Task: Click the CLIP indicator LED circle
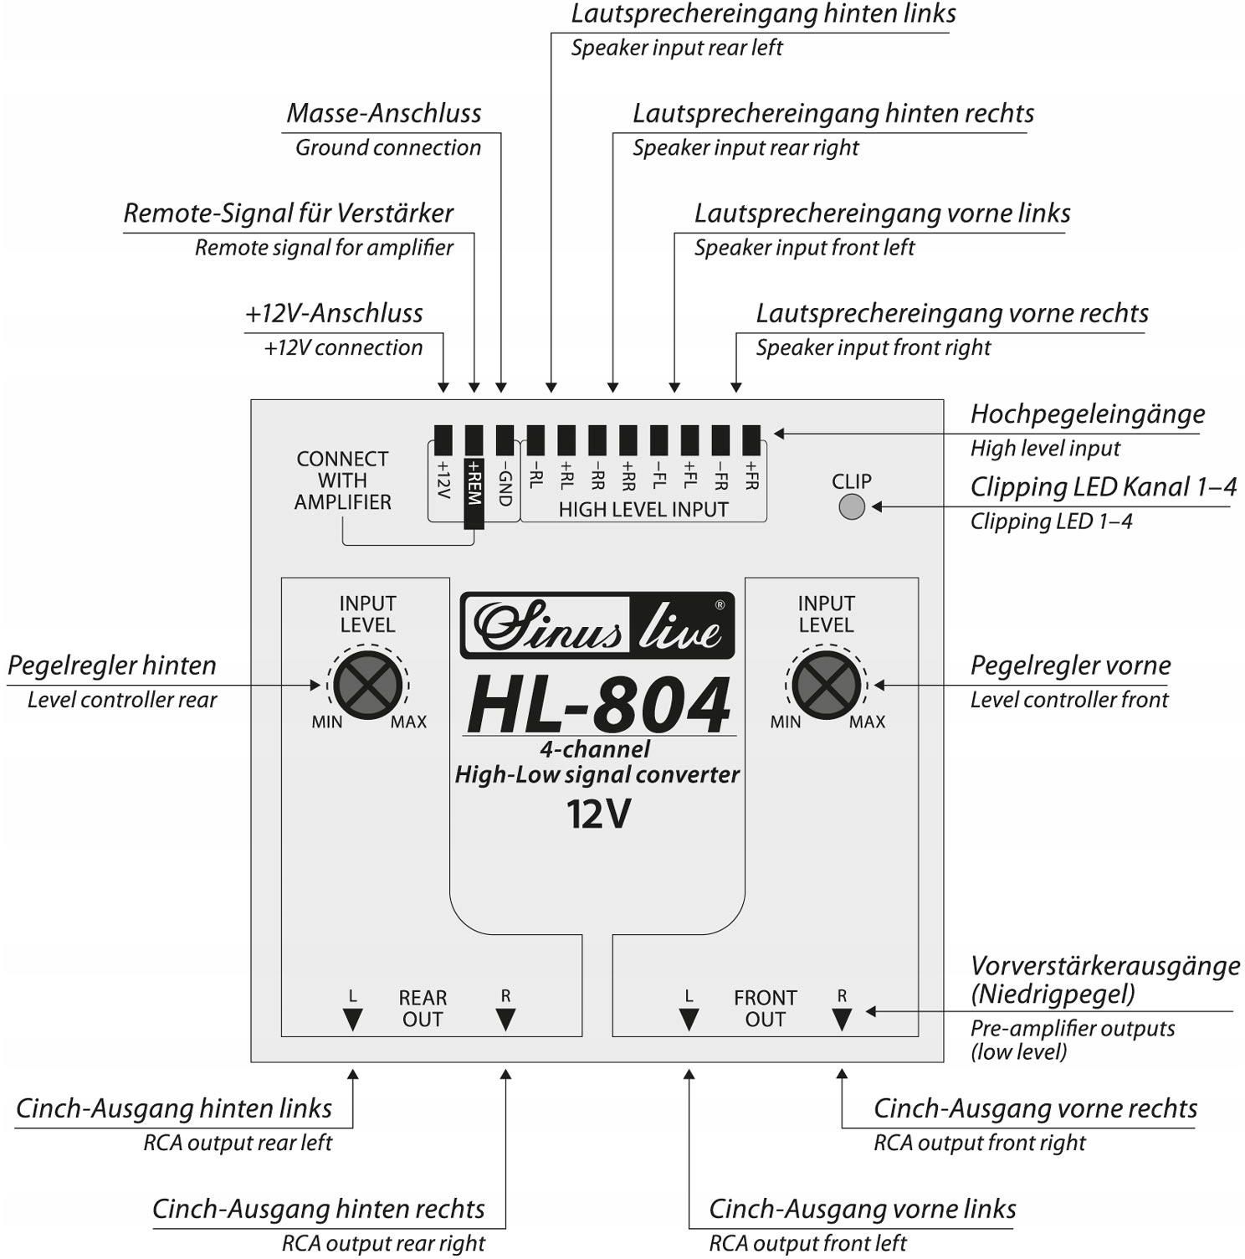(852, 506)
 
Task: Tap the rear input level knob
(366, 685)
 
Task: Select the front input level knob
(825, 685)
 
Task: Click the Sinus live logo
(597, 626)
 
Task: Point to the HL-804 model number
(598, 706)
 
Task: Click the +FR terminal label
(751, 475)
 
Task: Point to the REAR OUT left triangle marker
(352, 1019)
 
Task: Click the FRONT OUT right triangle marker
(842, 1019)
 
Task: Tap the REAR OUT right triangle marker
(505, 1019)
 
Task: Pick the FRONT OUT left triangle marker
(689, 1019)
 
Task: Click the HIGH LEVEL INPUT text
(643, 510)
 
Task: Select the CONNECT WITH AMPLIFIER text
(342, 480)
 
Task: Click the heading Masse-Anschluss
(384, 114)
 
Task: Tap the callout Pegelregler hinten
(112, 665)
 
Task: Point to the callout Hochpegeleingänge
(1087, 414)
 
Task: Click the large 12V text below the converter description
(597, 814)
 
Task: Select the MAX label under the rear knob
(408, 722)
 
